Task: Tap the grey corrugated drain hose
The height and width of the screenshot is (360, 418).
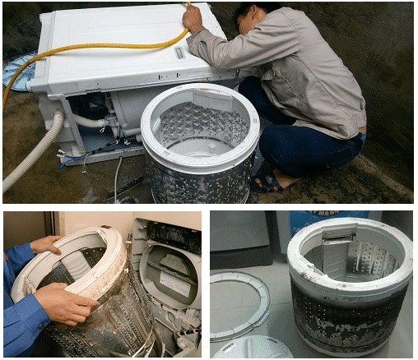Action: click(x=33, y=155)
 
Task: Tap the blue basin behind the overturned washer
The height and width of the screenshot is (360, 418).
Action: click(x=16, y=71)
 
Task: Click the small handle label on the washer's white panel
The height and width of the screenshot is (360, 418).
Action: click(x=179, y=53)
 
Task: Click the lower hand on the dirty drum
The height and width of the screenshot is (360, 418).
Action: click(x=66, y=303)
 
